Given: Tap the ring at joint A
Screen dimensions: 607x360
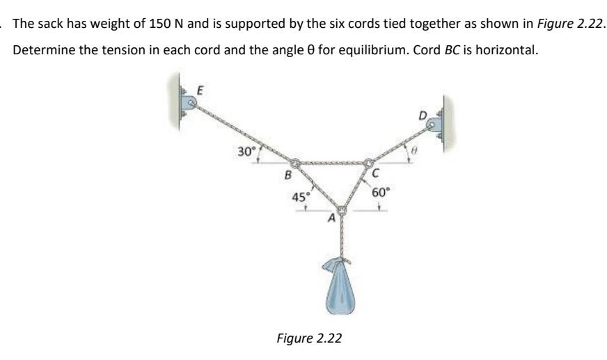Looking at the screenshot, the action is [341, 210].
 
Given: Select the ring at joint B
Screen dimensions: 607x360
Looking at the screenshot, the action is [295, 165].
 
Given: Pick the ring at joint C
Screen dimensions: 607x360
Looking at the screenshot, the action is [368, 164].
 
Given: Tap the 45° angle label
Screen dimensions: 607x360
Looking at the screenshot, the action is [301, 198].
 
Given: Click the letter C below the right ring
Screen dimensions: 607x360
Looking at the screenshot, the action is [376, 174].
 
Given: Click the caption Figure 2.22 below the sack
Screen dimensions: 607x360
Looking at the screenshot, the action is [309, 338].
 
